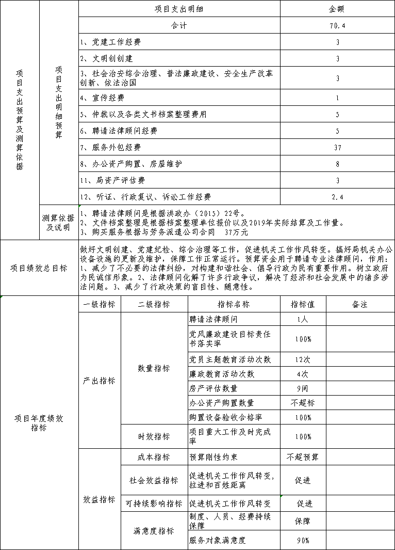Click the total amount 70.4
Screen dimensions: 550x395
pos(337,25)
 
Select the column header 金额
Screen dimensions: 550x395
pos(337,9)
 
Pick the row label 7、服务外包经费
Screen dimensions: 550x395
pos(110,147)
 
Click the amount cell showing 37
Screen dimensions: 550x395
pos(337,147)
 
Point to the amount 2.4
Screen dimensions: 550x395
pos(337,197)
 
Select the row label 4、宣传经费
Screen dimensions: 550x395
pos(102,98)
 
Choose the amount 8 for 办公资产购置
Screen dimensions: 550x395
pos(337,164)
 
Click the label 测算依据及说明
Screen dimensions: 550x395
pos(58,223)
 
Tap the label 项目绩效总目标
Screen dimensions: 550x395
pos(39,268)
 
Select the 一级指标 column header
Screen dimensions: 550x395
pos(100,304)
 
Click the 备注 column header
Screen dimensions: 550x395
pos(359,304)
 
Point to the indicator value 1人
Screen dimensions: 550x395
pos(303,319)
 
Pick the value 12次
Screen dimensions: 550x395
pos(303,359)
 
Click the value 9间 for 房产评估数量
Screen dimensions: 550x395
pos(303,388)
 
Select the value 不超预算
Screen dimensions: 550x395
pos(303,457)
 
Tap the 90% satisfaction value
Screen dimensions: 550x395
pos(303,541)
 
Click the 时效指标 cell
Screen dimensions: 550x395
pos(154,436)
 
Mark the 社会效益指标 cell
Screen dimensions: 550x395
pos(154,480)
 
